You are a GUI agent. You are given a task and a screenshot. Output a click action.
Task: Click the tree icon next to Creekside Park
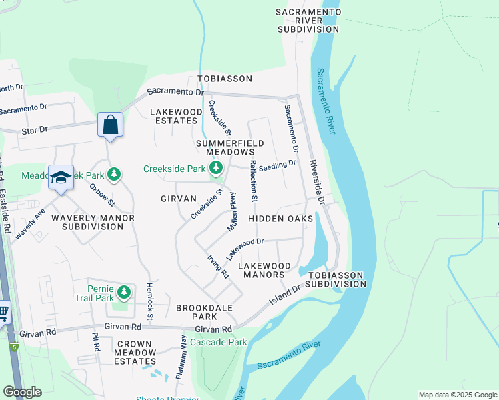click(215, 168)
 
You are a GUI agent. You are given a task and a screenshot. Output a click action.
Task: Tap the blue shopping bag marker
click(110, 125)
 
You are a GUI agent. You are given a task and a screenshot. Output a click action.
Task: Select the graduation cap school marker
click(61, 177)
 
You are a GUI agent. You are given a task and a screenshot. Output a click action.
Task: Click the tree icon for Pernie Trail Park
click(123, 292)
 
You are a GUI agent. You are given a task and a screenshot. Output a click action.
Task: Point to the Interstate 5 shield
click(13, 346)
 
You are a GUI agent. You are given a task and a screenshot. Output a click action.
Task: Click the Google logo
click(22, 392)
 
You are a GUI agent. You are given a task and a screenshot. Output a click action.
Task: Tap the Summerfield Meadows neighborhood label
click(229, 148)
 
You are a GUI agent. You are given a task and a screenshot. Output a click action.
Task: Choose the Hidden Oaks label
click(280, 219)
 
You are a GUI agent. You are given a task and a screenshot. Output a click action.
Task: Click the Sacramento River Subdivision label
click(308, 21)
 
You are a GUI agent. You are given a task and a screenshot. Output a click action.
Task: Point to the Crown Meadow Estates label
click(135, 353)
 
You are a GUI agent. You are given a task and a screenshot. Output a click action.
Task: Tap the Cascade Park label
click(218, 342)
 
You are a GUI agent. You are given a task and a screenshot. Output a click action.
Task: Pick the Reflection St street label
click(254, 180)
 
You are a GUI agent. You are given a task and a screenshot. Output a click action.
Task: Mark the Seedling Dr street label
click(277, 164)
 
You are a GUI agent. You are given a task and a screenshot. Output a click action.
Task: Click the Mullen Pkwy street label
click(233, 211)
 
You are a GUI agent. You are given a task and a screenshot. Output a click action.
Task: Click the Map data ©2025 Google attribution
click(457, 395)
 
